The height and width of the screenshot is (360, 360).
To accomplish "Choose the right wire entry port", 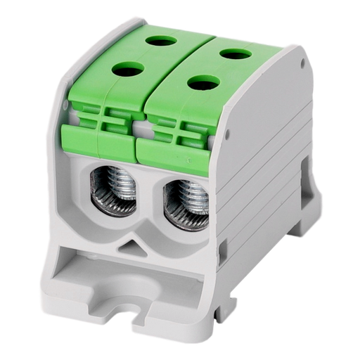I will (184, 204).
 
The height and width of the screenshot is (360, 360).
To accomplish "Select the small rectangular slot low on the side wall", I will (223, 248).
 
